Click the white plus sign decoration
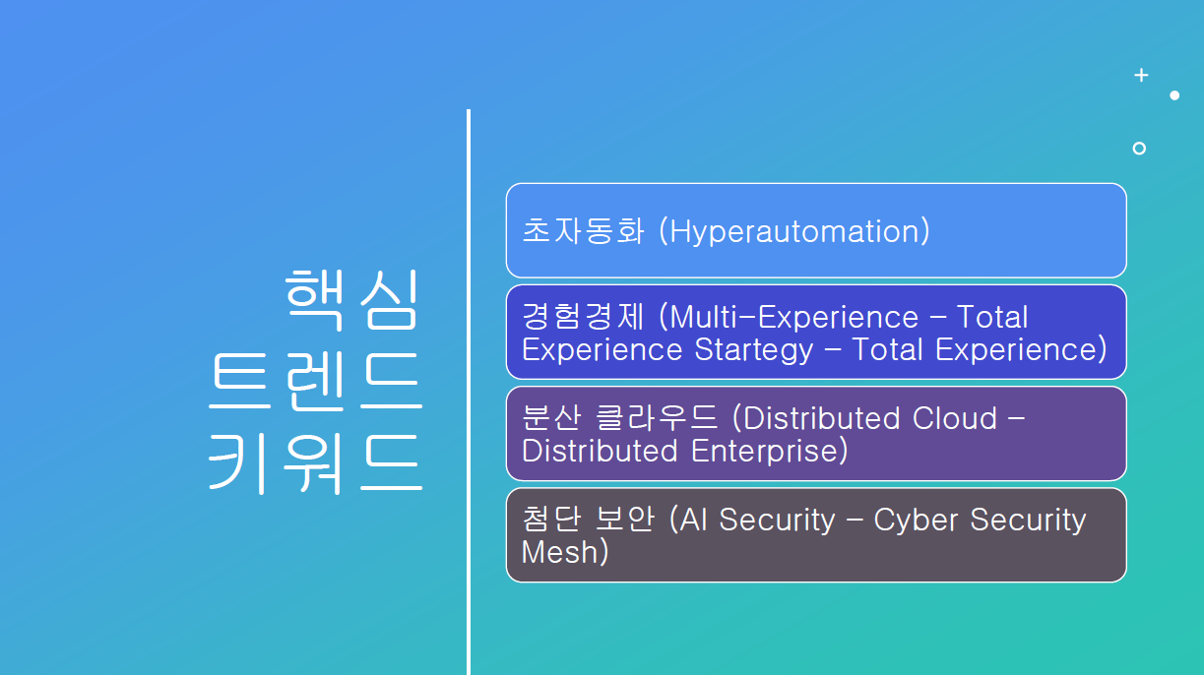[1141, 75]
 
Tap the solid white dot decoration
[1174, 95]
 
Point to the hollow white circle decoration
[1139, 149]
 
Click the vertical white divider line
[469, 393]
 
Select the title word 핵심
[351, 299]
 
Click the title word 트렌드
[315, 382]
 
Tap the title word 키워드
[315, 464]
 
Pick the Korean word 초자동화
[583, 231]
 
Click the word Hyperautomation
[795, 231]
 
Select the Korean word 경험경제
[583, 317]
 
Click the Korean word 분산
[551, 417]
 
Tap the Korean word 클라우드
[657, 417]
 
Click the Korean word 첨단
[551, 520]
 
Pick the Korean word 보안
[625, 520]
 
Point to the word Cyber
[916, 521]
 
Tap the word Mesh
[559, 552]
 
